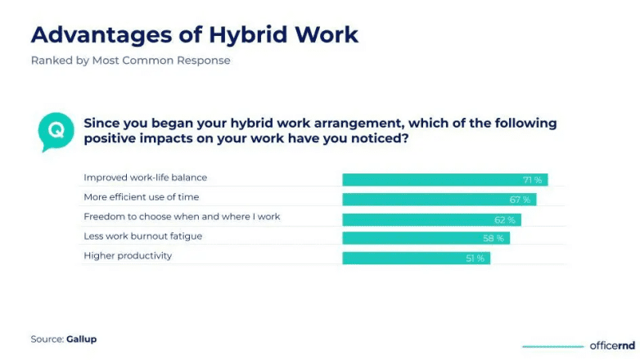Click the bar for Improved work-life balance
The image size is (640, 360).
pos(444,180)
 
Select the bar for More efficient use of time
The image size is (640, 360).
pos(439,200)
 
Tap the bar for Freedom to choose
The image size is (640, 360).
pos(431,219)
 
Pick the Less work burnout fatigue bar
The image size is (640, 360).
pos(426,238)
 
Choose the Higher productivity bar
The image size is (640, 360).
pos(416,258)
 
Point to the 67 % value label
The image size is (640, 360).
pos(521,200)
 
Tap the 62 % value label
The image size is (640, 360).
pos(505,219)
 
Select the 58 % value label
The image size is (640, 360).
pos(494,238)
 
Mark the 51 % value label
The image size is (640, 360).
pos(475,258)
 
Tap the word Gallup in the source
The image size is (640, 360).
pos(82,339)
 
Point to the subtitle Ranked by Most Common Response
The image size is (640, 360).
pos(130,61)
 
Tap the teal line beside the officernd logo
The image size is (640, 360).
pos(552,346)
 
